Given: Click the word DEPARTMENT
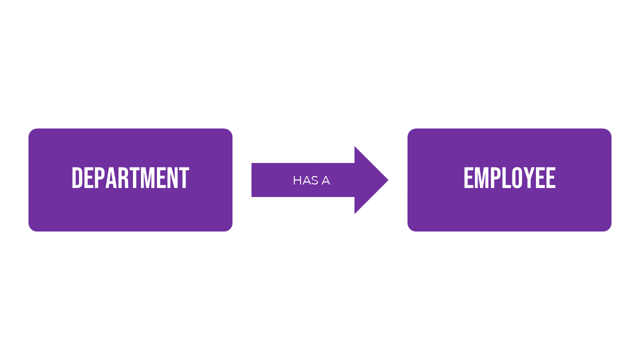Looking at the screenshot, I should [130, 178].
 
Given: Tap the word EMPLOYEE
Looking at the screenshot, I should [509, 178].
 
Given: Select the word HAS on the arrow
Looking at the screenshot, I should [304, 180].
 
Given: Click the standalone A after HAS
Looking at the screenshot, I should [325, 180].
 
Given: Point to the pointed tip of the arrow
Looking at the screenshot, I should [387, 180].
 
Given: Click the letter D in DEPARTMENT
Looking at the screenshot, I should [77, 178].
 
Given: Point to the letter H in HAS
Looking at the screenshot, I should [297, 180].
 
